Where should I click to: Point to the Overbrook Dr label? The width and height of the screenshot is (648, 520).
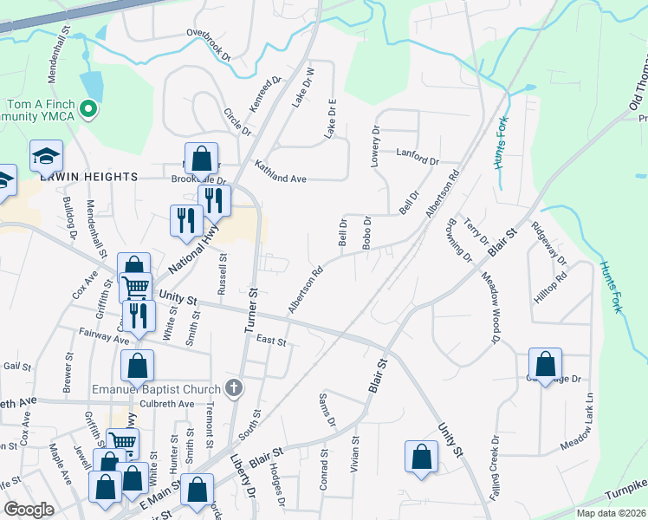click(x=210, y=45)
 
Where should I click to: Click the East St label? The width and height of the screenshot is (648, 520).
click(x=271, y=341)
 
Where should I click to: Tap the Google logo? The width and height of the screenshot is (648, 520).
click(x=29, y=510)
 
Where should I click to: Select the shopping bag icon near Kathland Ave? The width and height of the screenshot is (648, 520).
click(x=202, y=159)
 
